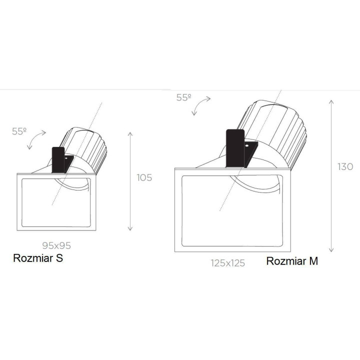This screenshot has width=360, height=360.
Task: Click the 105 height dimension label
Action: [x=144, y=177]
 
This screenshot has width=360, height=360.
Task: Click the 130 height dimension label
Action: [x=345, y=166]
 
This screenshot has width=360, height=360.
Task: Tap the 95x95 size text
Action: [x=56, y=245]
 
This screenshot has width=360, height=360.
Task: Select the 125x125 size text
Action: [x=228, y=263]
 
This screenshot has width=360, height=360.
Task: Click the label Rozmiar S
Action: [x=38, y=258]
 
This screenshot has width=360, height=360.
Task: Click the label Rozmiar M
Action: [x=292, y=261]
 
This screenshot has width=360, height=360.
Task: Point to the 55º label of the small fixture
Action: [x=19, y=131]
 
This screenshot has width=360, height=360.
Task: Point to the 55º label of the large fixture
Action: [x=183, y=97]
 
